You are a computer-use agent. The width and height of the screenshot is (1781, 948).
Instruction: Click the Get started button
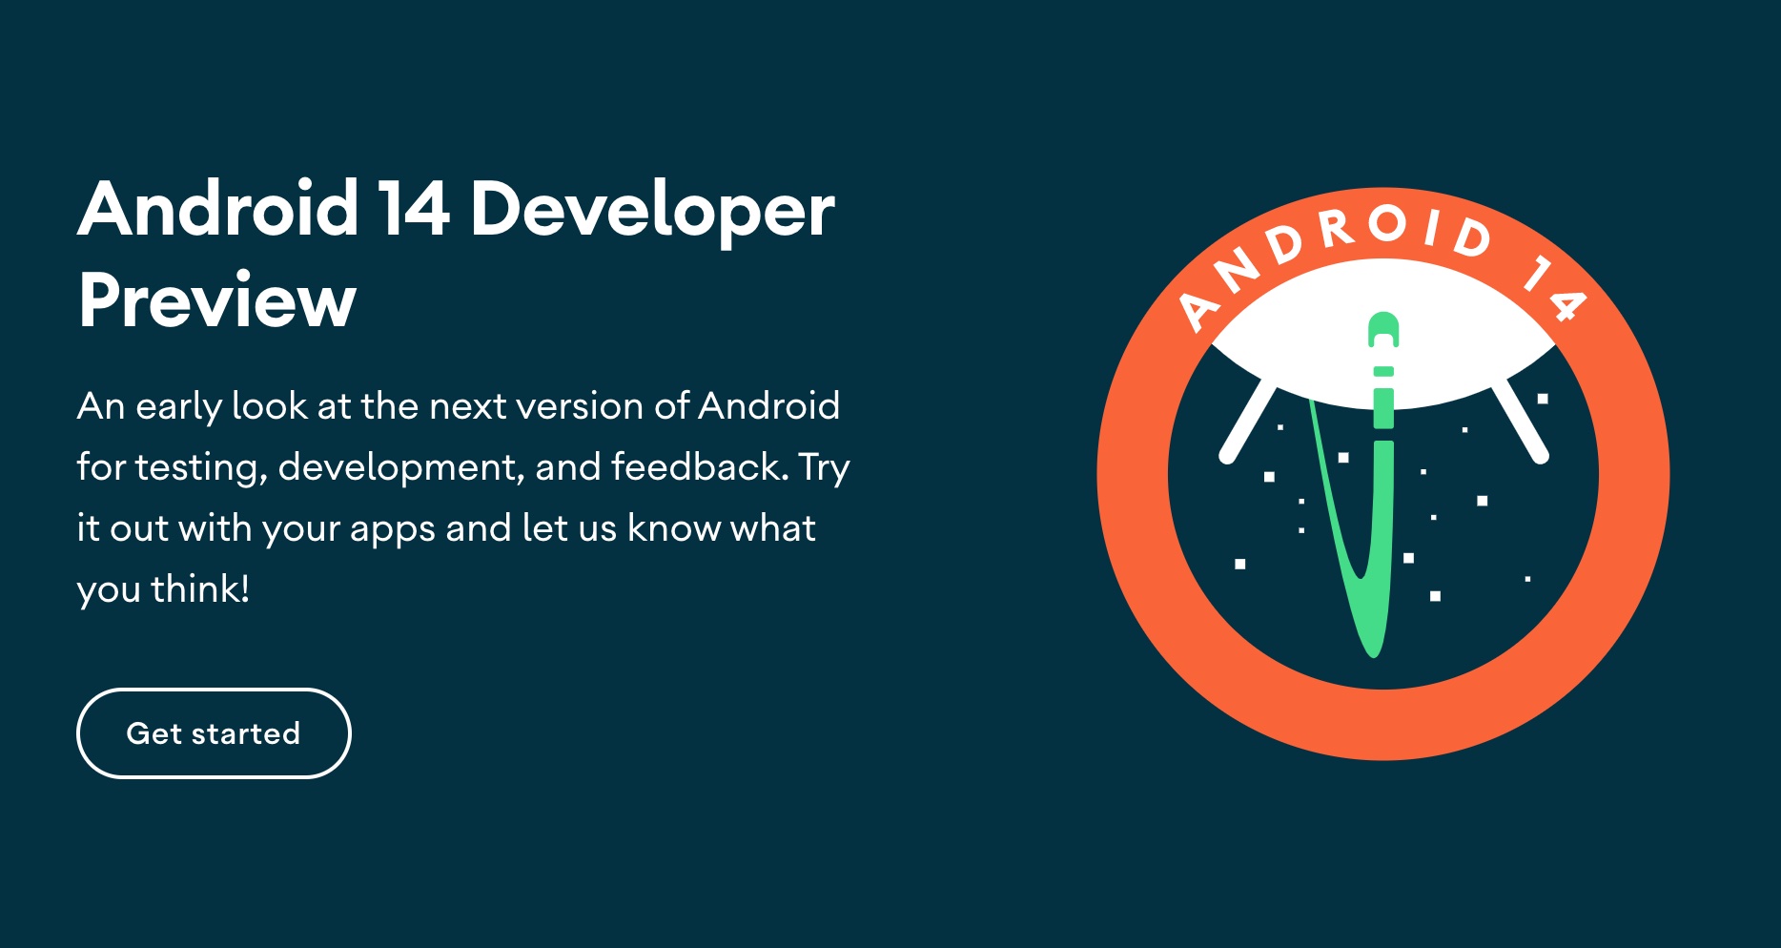pyautogui.click(x=214, y=733)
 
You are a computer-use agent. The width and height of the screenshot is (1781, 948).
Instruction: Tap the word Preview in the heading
pyautogui.click(x=217, y=300)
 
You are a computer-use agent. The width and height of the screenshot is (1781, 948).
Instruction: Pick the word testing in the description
pyautogui.click(x=201, y=468)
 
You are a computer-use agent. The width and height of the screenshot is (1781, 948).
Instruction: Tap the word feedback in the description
pyautogui.click(x=700, y=466)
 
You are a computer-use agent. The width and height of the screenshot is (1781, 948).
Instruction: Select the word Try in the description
pyautogui.click(x=825, y=468)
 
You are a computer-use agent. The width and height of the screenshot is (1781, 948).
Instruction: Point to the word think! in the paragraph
pyautogui.click(x=200, y=588)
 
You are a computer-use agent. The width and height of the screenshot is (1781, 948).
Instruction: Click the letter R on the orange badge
pyautogui.click(x=1339, y=229)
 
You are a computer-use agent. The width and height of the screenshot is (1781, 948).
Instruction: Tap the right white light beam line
pyautogui.click(x=1520, y=422)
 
